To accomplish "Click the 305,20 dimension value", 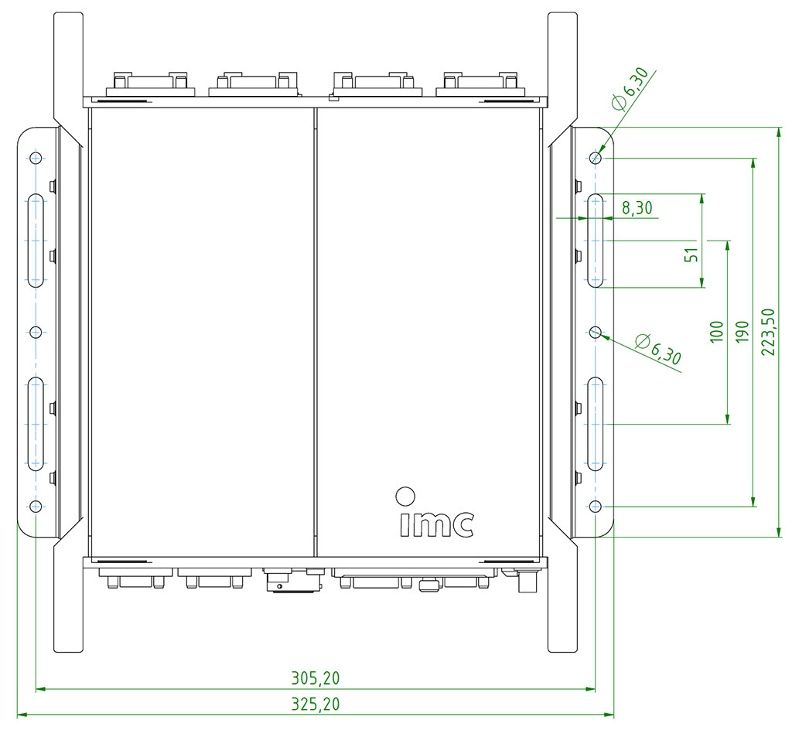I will pyautogui.click(x=315, y=678).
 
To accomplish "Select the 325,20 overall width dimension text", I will pyautogui.click(x=315, y=705).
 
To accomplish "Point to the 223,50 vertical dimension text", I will pyautogui.click(x=767, y=332).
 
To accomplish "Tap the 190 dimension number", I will pyautogui.click(x=742, y=332).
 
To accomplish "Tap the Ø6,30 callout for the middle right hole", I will pyautogui.click(x=657, y=350).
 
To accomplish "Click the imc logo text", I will pyautogui.click(x=436, y=524).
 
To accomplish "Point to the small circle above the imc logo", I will pyautogui.click(x=404, y=494).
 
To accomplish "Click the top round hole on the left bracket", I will pyautogui.click(x=36, y=159).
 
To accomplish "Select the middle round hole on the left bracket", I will pyautogui.click(x=36, y=332).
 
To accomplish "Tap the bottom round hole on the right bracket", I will pyautogui.click(x=595, y=506).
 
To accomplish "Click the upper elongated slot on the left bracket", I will pyautogui.click(x=36, y=241).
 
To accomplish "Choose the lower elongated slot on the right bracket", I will pyautogui.click(x=595, y=424).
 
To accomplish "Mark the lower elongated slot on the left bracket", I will pyautogui.click(x=36, y=424).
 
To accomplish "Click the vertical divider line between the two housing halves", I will pyautogui.click(x=316, y=332).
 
